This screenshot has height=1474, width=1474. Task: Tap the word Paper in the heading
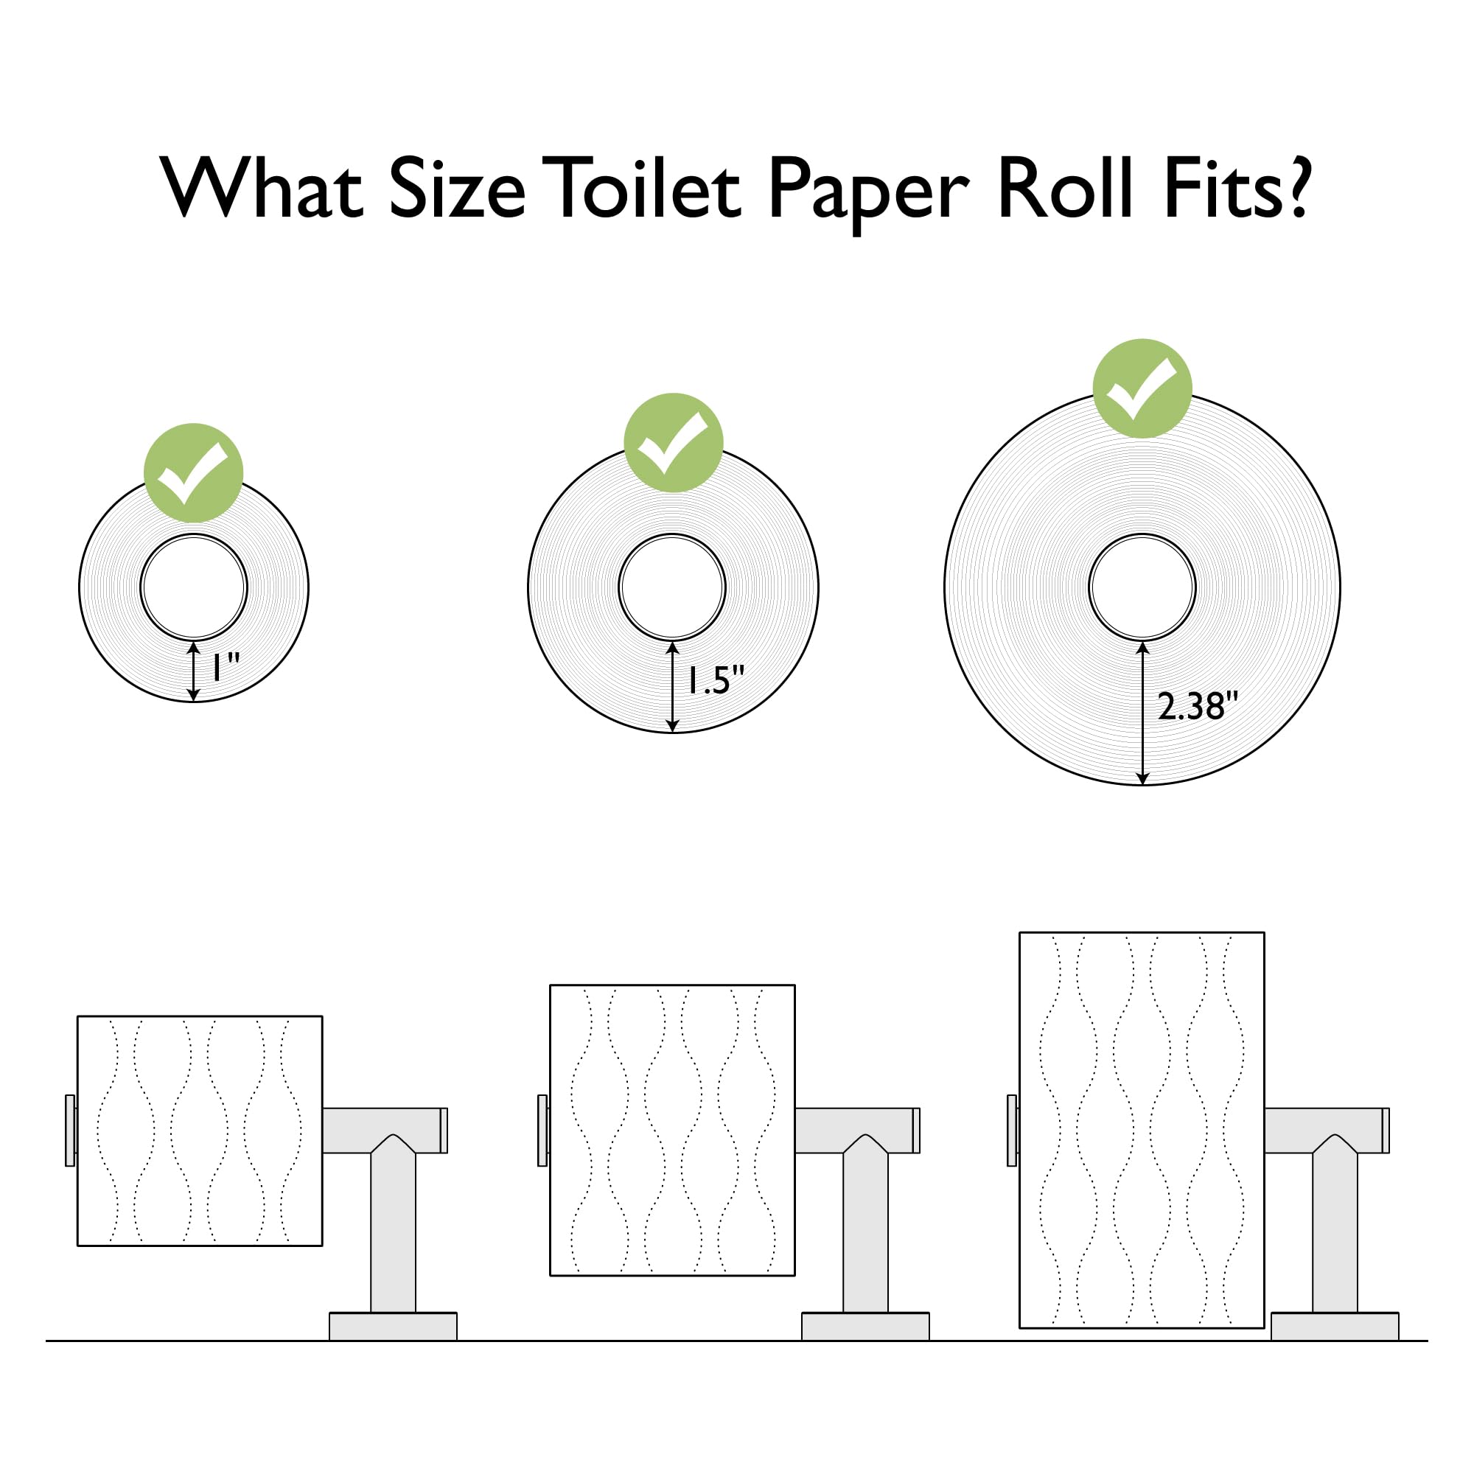(868, 191)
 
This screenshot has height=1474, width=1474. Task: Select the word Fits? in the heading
(1237, 189)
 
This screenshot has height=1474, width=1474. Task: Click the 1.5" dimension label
(715, 680)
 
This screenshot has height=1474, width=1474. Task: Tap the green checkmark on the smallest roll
(194, 473)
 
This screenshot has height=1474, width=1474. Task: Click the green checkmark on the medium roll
(673, 442)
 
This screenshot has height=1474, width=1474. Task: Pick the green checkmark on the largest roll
(1142, 388)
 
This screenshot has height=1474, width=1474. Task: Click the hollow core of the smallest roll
(194, 587)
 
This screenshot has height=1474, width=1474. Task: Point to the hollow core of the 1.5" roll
(672, 587)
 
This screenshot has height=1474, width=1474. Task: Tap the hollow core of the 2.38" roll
(1142, 587)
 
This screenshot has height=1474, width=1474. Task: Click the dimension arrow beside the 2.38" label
(1142, 713)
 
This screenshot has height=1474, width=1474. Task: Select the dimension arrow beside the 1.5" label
(672, 687)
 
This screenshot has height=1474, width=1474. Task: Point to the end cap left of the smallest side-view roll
(70, 1131)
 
